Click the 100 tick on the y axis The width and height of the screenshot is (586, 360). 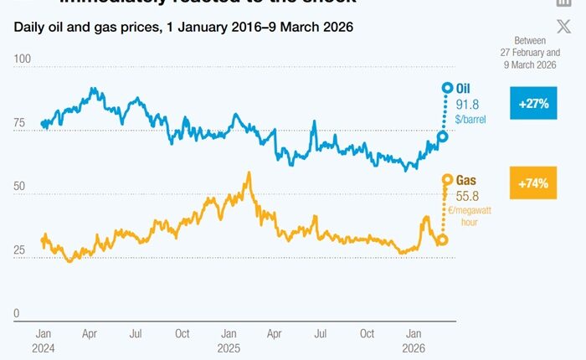(x=23, y=60)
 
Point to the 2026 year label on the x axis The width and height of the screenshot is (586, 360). (x=414, y=347)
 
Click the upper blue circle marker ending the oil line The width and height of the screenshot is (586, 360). (x=448, y=87)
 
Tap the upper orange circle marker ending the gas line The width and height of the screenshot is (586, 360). (x=448, y=179)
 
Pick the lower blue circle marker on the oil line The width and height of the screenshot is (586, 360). (x=443, y=136)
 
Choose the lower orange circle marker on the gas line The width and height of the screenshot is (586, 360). (x=442, y=239)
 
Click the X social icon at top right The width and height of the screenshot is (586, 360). (x=563, y=26)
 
